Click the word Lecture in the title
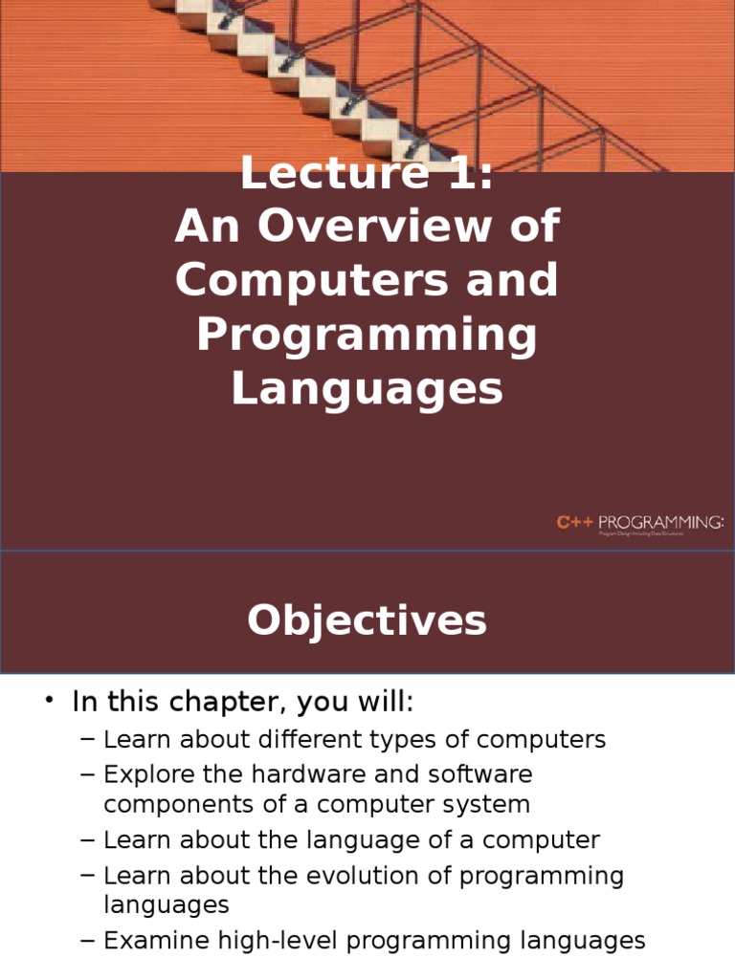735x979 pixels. (317, 174)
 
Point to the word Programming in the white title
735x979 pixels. (367, 336)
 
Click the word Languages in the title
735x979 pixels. (367, 389)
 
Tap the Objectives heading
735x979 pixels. (367, 621)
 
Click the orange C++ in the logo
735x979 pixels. (575, 521)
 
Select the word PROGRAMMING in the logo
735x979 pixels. (661, 521)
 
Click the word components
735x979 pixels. (175, 804)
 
